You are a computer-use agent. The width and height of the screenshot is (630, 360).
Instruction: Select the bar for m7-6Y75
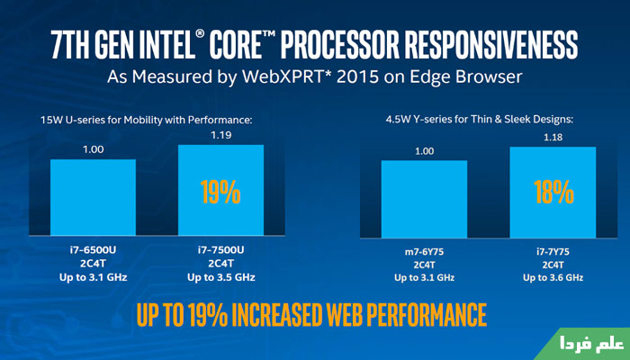tap(424, 199)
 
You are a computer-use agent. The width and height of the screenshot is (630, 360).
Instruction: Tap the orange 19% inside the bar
tap(220, 192)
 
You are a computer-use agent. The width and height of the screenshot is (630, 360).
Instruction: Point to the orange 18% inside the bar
tap(552, 193)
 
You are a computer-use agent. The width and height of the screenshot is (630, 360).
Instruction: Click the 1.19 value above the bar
tap(220, 136)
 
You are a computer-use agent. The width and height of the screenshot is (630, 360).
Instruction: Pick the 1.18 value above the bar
tap(552, 138)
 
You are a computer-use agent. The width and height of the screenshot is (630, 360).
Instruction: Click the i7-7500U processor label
tap(220, 250)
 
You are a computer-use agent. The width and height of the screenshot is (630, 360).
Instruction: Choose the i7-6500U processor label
tap(93, 250)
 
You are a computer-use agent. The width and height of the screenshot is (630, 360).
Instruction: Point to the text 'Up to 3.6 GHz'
tap(552, 277)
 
